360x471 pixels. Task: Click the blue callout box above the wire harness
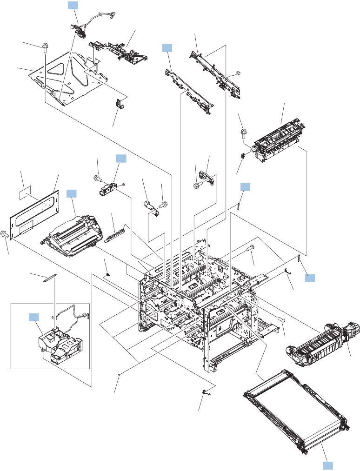point(73,5)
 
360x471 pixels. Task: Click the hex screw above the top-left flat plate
point(45,47)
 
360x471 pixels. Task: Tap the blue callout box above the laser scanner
point(72,193)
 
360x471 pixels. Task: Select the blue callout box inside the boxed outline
point(34,317)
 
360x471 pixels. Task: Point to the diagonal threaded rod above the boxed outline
point(50,278)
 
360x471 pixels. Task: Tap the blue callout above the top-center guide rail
point(167,47)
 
